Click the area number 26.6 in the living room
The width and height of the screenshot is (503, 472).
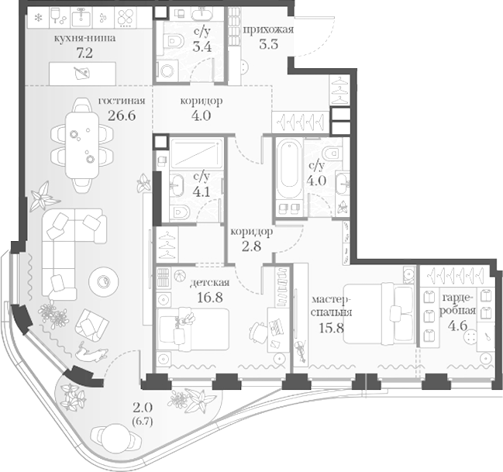(122, 115)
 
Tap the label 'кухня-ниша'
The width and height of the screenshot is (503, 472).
(84, 38)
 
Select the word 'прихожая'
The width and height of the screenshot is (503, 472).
(268, 30)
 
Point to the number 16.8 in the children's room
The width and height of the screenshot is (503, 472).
(210, 297)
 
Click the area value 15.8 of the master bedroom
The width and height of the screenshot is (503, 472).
(332, 328)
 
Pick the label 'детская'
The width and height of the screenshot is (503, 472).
(210, 282)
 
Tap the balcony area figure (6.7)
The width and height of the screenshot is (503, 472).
(143, 422)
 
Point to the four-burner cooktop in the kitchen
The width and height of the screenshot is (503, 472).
(125, 17)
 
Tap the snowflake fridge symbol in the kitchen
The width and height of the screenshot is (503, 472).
(38, 18)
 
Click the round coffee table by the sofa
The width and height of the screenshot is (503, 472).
(104, 281)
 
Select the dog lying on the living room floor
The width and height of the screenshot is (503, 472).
(91, 353)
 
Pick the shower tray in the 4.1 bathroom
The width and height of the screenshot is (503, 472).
(196, 153)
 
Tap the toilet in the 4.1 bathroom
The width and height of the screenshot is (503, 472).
(180, 212)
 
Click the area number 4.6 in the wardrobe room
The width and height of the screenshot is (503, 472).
(457, 326)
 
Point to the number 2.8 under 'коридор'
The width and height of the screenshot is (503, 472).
(251, 246)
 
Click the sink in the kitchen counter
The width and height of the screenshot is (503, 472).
(81, 17)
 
